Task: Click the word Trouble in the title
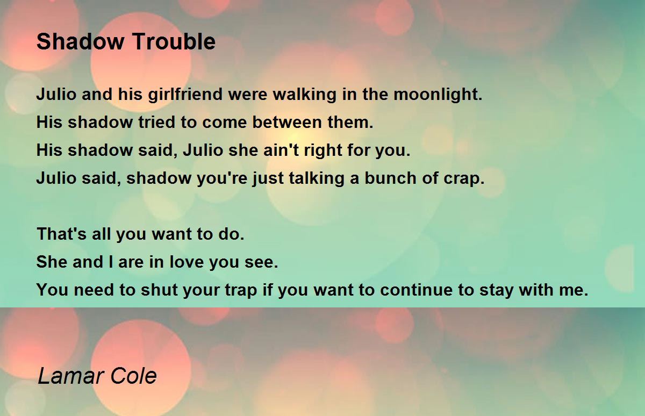click(174, 41)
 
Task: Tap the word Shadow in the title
click(80, 41)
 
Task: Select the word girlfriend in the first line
click(185, 95)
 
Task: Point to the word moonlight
click(438, 95)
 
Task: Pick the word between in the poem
click(286, 122)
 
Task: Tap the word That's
click(62, 234)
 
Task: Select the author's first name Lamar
click(71, 376)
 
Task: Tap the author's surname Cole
click(134, 376)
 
